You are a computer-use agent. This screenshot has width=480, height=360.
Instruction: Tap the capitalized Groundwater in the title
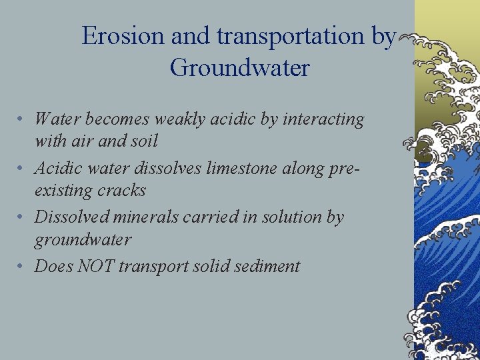pos(239,68)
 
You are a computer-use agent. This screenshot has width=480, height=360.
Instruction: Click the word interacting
pos(323,119)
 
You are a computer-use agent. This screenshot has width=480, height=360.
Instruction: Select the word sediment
pos(269,266)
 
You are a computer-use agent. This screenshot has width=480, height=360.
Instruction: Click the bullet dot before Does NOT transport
pos(22,267)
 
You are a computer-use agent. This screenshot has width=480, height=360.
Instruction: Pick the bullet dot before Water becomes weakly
pos(22,120)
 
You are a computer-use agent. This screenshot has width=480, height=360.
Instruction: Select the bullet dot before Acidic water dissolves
pos(22,169)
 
